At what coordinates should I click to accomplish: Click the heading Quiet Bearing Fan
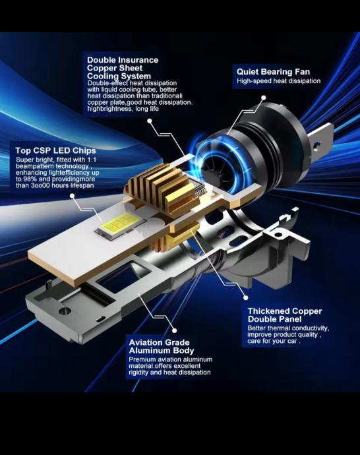tap(273, 72)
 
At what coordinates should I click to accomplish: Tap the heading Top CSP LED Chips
tap(55, 150)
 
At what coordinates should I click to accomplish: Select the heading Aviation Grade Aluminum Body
tap(162, 346)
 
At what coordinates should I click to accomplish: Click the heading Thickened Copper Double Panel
tap(285, 315)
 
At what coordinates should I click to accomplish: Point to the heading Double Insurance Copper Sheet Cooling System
tap(123, 68)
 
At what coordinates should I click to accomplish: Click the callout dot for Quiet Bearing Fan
tap(263, 98)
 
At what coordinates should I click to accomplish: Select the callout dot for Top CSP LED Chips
tap(73, 196)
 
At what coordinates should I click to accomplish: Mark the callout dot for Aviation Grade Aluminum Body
tap(174, 330)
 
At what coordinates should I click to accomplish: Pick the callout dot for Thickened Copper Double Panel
tap(246, 297)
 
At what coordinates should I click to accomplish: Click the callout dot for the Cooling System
tap(150, 121)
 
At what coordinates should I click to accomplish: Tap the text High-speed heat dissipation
tap(278, 81)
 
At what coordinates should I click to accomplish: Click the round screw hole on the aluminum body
tap(65, 311)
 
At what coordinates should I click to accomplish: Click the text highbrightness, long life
tap(123, 109)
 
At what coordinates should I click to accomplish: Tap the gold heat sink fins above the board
tap(160, 186)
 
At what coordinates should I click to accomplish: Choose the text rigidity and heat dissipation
tap(169, 373)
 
